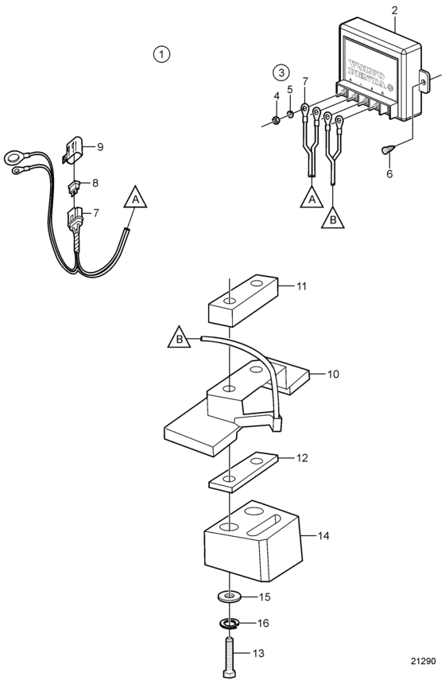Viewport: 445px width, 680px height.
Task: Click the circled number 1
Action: tap(161, 54)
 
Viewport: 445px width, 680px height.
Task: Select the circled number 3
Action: tap(281, 72)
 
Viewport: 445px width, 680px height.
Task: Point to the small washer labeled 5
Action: tap(290, 115)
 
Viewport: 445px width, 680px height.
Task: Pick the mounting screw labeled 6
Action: tap(387, 149)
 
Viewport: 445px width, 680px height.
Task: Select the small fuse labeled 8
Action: tap(74, 188)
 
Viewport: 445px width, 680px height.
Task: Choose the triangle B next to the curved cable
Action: tap(180, 336)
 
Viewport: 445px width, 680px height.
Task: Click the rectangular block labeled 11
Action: tap(242, 300)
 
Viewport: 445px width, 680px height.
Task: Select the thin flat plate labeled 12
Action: tap(243, 472)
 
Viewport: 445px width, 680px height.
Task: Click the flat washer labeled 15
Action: tap(230, 596)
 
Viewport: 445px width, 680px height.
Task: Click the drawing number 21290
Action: tap(423, 662)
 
